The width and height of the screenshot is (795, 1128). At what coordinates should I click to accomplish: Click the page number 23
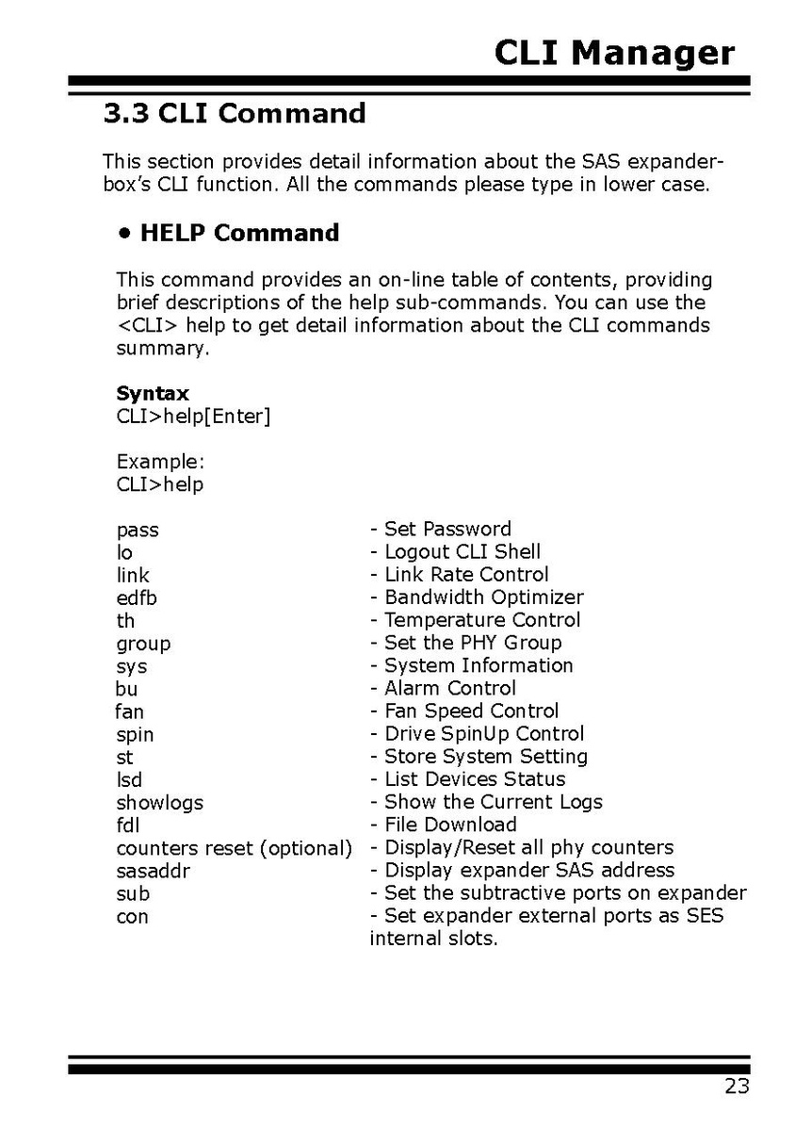click(737, 1087)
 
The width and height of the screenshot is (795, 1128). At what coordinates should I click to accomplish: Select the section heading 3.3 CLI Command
click(234, 114)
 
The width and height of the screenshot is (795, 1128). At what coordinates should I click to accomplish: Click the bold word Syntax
click(153, 393)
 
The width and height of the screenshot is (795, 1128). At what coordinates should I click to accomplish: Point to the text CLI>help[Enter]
click(193, 416)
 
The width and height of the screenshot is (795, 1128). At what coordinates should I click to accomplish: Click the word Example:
click(160, 462)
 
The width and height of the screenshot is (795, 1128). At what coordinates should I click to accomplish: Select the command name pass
click(138, 531)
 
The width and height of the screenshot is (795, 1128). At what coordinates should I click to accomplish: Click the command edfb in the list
click(137, 597)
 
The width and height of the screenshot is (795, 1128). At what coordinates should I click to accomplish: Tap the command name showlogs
click(159, 803)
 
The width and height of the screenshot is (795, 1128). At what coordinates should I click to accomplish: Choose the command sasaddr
click(153, 871)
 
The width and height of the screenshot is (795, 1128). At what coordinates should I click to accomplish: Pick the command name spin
click(135, 734)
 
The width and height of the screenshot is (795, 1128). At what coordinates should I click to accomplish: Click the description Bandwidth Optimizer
click(483, 597)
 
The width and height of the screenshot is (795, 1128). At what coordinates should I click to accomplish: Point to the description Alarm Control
click(449, 688)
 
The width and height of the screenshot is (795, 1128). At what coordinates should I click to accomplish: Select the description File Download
click(449, 826)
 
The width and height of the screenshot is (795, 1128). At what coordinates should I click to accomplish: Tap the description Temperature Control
click(481, 620)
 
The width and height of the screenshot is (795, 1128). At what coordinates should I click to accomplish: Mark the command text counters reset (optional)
click(234, 848)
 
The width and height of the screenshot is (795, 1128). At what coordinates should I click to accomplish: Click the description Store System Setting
click(485, 757)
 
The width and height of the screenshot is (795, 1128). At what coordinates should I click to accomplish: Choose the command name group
click(143, 644)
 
